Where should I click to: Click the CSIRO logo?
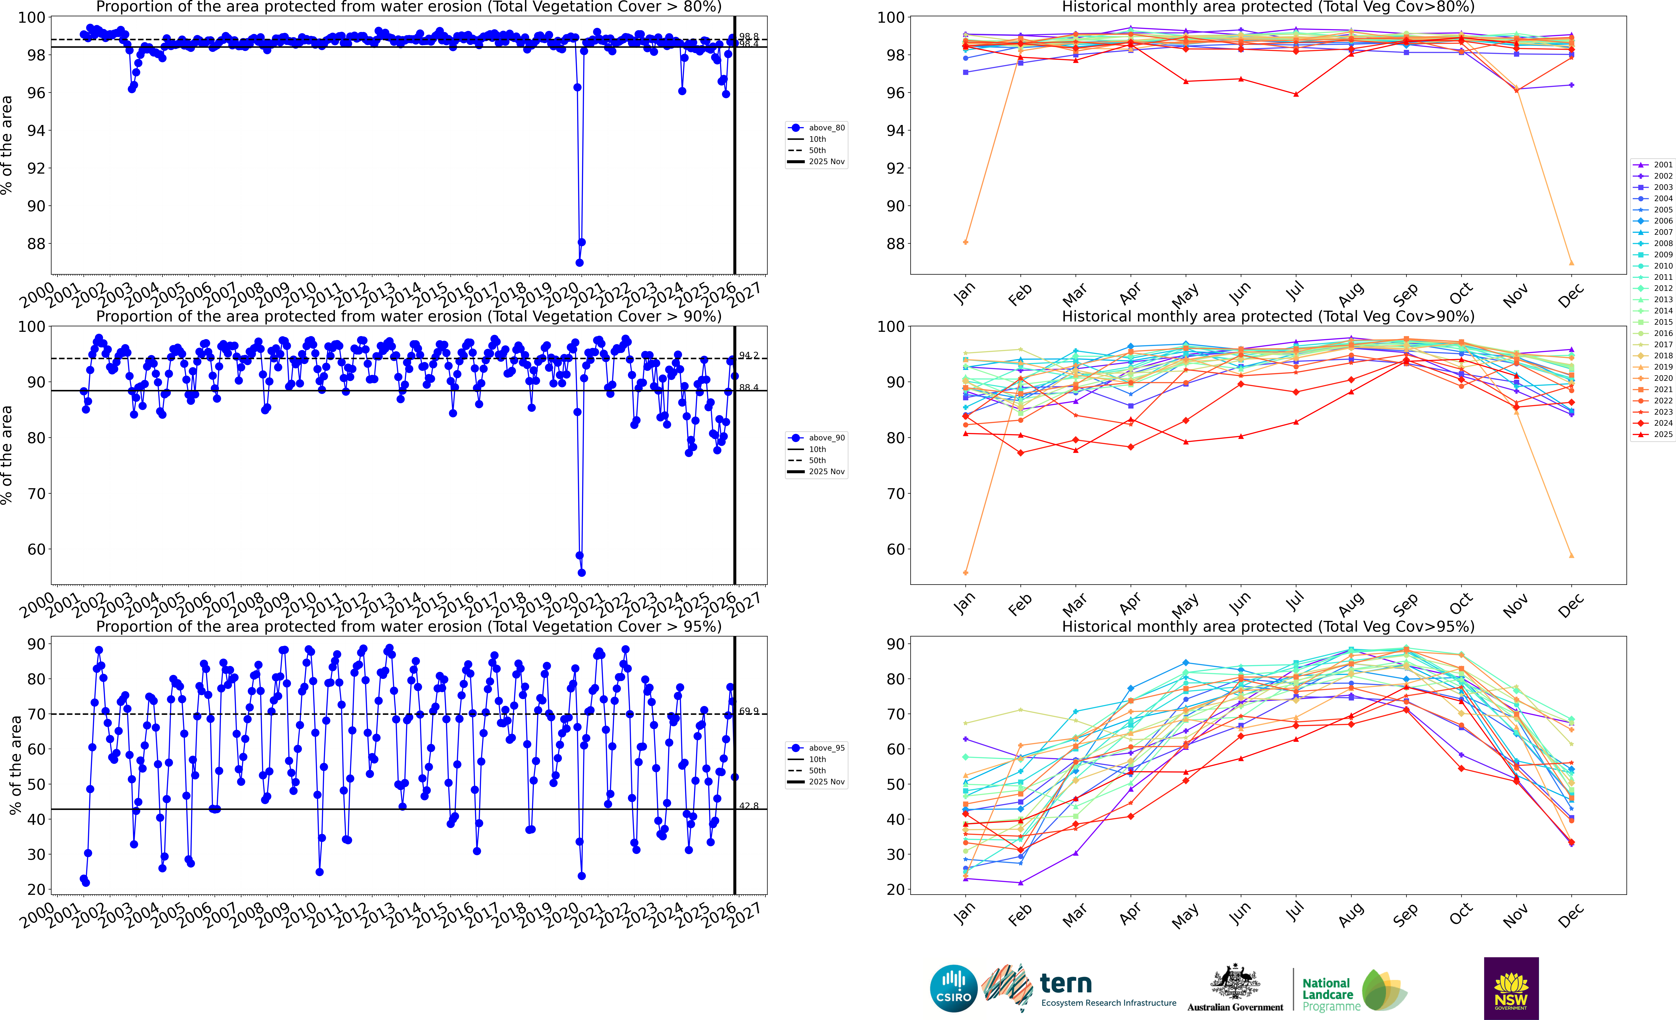point(954,988)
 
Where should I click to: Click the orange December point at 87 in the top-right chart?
point(1571,263)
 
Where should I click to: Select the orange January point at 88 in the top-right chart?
point(966,242)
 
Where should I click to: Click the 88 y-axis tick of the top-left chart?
point(36,244)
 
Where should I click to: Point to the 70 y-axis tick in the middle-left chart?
point(36,494)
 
